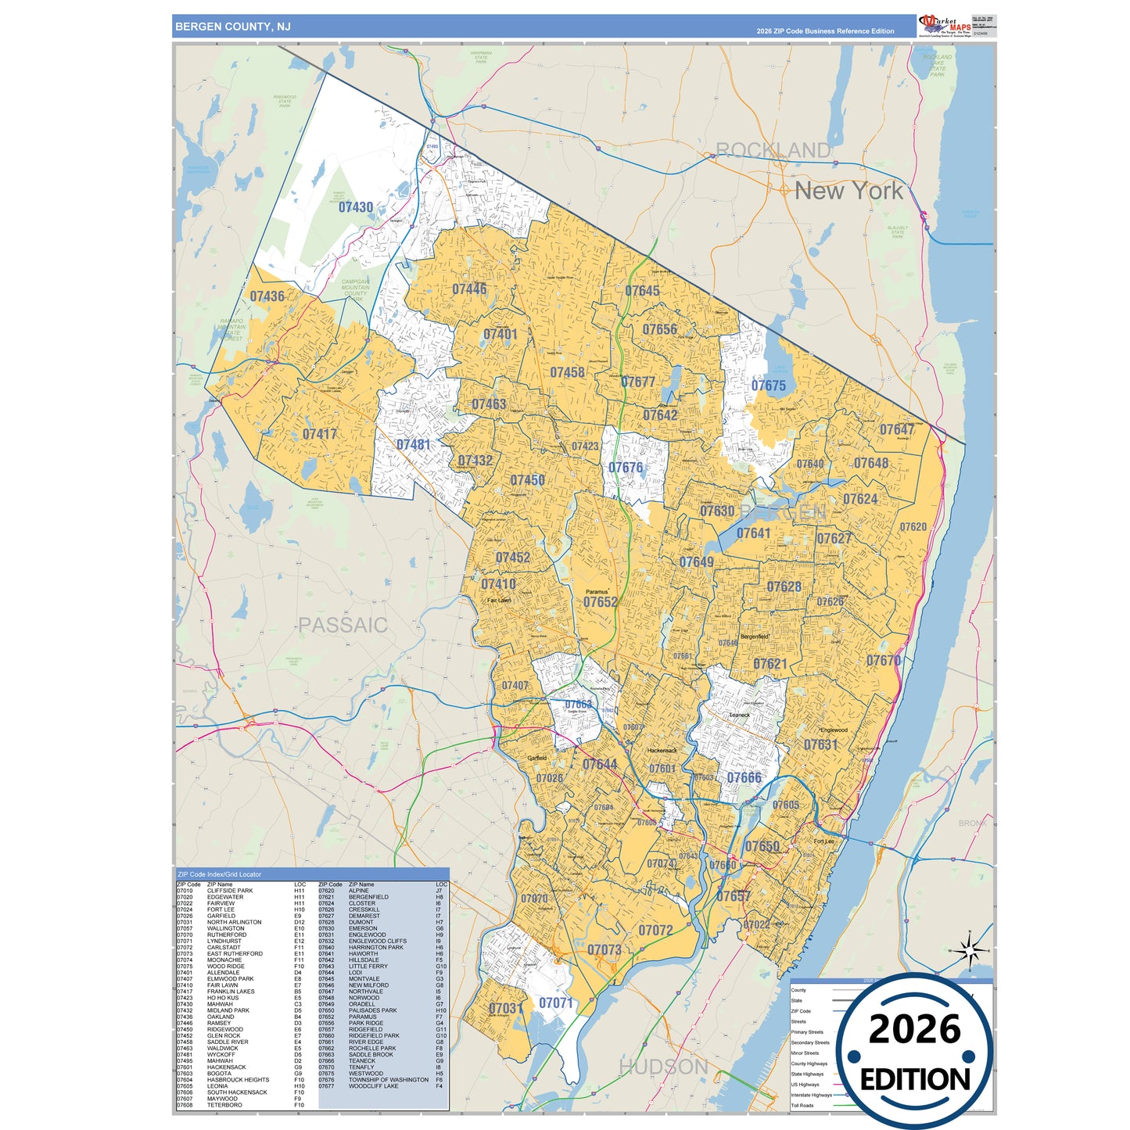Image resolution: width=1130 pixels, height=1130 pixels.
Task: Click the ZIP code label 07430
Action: pyautogui.click(x=356, y=207)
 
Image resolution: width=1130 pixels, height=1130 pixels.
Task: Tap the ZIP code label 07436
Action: pyautogui.click(x=267, y=296)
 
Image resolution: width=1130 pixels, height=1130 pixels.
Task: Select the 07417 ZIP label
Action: pyautogui.click(x=320, y=434)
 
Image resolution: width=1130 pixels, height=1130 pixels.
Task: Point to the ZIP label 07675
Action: pyautogui.click(x=769, y=386)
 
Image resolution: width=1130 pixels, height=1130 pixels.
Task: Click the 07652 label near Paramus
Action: pyautogui.click(x=601, y=602)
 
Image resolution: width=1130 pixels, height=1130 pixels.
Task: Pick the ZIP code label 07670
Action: pyautogui.click(x=884, y=661)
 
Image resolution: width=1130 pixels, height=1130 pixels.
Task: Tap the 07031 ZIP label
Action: pyautogui.click(x=505, y=1008)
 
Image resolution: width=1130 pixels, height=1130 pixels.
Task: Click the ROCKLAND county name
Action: pyautogui.click(x=773, y=150)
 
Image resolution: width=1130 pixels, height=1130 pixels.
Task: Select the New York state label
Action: pyautogui.click(x=848, y=191)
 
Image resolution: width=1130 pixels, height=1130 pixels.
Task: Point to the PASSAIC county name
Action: pyautogui.click(x=343, y=625)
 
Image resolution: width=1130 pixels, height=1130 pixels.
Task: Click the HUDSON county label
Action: pyautogui.click(x=663, y=1067)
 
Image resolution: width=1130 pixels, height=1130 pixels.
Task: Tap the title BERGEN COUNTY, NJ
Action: pyautogui.click(x=233, y=27)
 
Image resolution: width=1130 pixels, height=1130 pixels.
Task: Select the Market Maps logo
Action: pyautogui.click(x=945, y=25)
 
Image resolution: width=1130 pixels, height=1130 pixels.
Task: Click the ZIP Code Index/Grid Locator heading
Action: pyautogui.click(x=220, y=874)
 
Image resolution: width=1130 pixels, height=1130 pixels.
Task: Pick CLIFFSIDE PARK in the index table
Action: pyautogui.click(x=230, y=891)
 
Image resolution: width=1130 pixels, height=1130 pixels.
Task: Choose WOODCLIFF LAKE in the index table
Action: pyautogui.click(x=373, y=1086)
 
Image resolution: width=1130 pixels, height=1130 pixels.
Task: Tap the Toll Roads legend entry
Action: pyautogui.click(x=802, y=1106)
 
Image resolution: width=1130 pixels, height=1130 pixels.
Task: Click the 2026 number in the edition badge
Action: pyautogui.click(x=914, y=1029)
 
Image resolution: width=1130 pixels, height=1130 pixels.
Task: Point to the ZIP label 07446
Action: pyautogui.click(x=469, y=289)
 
